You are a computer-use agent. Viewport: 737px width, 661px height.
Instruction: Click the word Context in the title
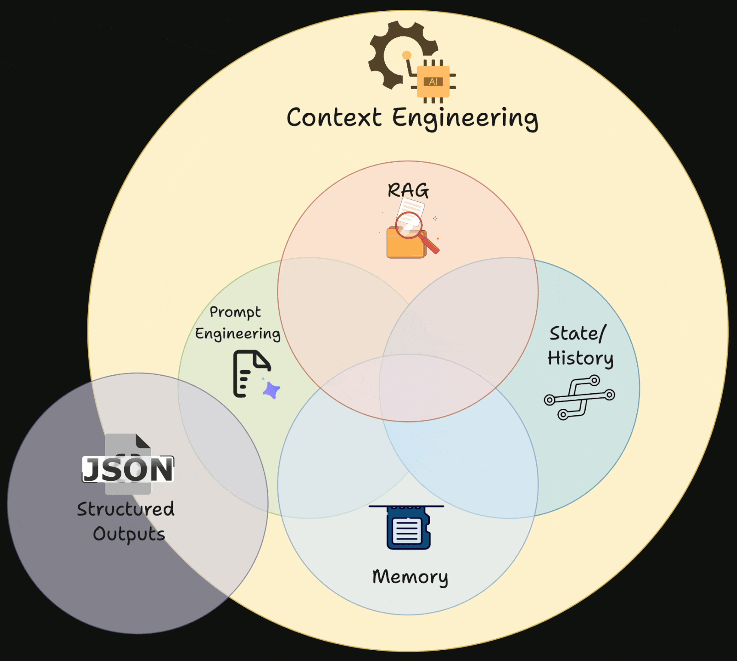coord(334,117)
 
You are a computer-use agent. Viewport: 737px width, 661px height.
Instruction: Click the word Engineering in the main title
coord(465,119)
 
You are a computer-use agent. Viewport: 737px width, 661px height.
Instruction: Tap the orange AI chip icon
coord(433,82)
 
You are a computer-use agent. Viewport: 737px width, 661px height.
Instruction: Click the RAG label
coord(408,190)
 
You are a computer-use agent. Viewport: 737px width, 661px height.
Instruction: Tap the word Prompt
coord(235,312)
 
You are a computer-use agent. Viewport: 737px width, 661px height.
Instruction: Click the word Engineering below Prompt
coord(237,334)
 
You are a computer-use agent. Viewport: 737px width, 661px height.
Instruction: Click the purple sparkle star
coord(272,390)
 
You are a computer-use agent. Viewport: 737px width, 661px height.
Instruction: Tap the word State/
coord(577,334)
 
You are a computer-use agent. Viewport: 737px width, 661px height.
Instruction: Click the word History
coord(580,358)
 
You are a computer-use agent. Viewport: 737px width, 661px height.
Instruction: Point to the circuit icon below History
coord(579,397)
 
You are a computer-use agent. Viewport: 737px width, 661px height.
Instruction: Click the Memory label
coord(410,577)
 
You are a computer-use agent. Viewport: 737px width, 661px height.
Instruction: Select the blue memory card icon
coord(408,528)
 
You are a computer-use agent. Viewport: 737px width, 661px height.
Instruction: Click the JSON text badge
coord(128,469)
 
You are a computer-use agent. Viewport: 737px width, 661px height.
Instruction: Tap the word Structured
coord(126,509)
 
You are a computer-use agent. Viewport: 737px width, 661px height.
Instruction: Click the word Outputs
coord(129,534)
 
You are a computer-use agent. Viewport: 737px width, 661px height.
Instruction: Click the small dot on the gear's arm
coord(406,55)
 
